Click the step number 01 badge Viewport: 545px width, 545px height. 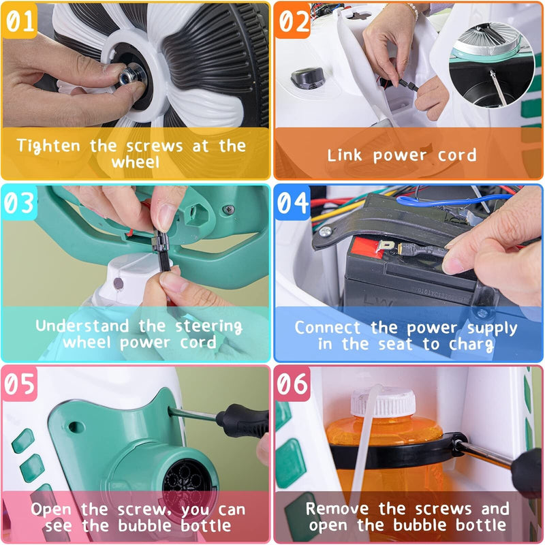click(x=20, y=22)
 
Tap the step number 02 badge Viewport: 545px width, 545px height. click(x=294, y=22)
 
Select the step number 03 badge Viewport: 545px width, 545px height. click(x=20, y=203)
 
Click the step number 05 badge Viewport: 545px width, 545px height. click(x=20, y=385)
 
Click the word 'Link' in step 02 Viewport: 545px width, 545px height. click(x=345, y=155)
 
